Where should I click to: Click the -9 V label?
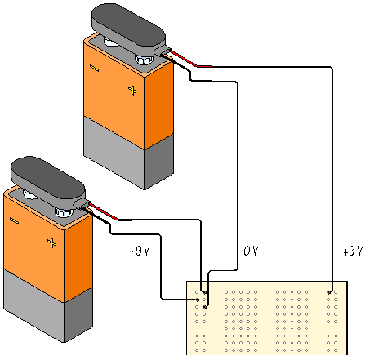[140, 251]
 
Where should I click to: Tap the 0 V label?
[251, 251]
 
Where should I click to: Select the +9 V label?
[353, 251]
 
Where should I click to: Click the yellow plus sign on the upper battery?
[132, 90]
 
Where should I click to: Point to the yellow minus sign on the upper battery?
[94, 68]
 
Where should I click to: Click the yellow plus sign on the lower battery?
[51, 242]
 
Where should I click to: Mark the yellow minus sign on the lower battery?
[14, 221]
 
